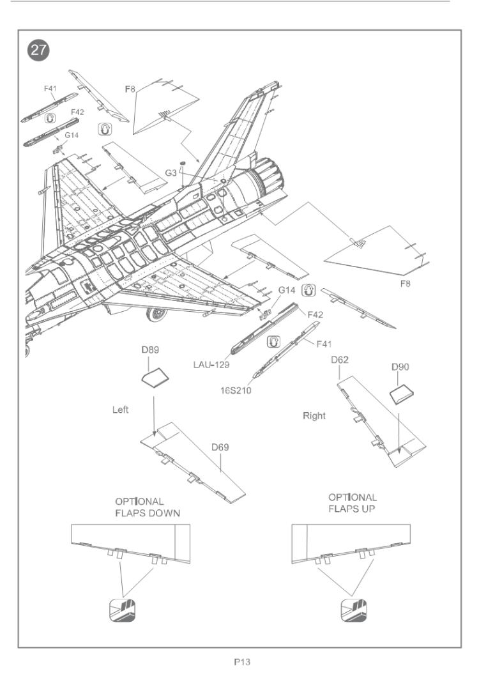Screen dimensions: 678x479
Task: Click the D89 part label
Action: pyautogui.click(x=149, y=351)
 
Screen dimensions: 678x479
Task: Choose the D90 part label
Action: pyautogui.click(x=400, y=369)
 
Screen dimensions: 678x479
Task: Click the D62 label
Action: pyautogui.click(x=339, y=362)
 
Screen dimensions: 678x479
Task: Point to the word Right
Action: pyautogui.click(x=314, y=415)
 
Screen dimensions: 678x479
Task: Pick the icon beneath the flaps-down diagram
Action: pyautogui.click(x=121, y=611)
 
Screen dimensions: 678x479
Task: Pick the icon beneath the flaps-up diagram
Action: pyautogui.click(x=353, y=611)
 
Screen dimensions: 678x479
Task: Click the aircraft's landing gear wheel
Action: pyautogui.click(x=156, y=313)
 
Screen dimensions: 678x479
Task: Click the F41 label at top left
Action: pyautogui.click(x=50, y=88)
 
